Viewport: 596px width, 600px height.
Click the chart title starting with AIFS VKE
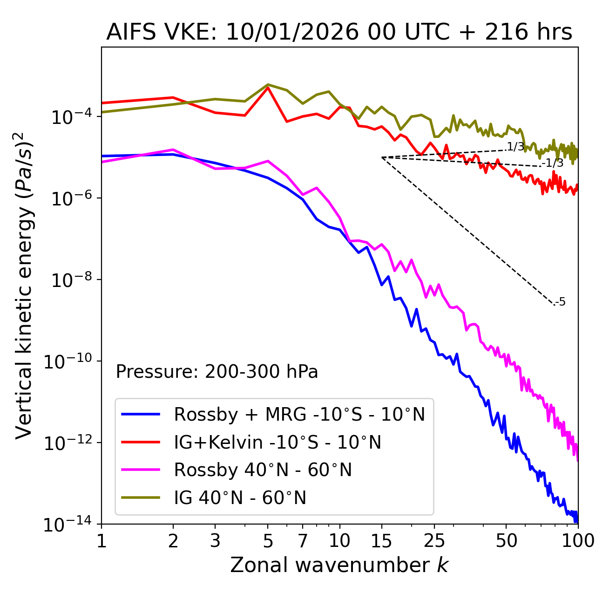[339, 33]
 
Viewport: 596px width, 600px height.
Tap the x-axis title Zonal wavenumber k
[339, 565]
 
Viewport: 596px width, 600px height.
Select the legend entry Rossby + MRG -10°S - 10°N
[299, 414]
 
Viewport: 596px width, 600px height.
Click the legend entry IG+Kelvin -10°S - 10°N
[278, 442]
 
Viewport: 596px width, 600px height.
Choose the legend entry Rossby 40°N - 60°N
[263, 470]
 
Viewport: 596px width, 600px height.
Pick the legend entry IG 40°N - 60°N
[240, 498]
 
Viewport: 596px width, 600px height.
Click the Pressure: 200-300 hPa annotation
[217, 372]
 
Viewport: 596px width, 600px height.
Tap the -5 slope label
[561, 302]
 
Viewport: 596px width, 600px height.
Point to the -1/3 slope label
[553, 163]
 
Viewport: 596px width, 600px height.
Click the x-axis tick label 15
[382, 541]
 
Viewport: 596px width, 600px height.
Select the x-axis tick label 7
[303, 541]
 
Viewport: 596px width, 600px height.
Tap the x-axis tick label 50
[506, 541]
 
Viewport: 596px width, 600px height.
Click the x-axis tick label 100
[577, 541]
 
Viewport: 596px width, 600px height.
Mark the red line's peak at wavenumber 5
[268, 87]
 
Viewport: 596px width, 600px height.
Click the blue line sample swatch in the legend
[141, 414]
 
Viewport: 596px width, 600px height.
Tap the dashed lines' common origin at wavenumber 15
[382, 157]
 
